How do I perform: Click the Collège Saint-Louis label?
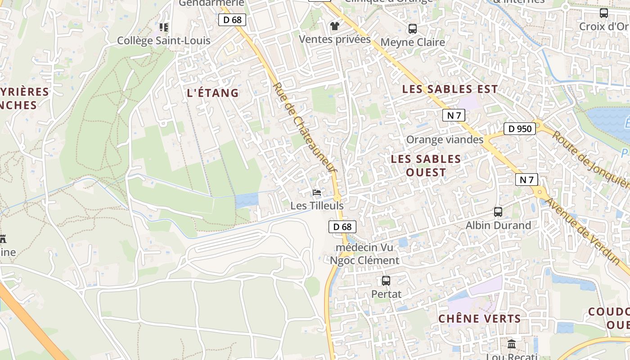(164, 40)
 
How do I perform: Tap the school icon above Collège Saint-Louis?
(164, 27)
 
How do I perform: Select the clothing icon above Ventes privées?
(334, 26)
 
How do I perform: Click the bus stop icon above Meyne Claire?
(413, 29)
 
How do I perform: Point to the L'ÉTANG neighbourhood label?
(213, 93)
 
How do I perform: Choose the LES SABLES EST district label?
(450, 89)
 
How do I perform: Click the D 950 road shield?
(520, 129)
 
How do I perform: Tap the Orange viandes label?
(445, 139)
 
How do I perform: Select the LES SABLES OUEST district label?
(426, 165)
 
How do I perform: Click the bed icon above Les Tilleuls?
(317, 193)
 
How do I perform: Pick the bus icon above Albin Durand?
(498, 211)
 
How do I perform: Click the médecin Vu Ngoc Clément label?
(364, 254)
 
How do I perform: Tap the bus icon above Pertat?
(386, 281)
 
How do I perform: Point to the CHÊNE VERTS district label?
(480, 319)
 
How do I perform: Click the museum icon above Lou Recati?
(512, 344)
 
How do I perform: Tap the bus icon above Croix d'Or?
(604, 13)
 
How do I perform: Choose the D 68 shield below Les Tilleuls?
(342, 227)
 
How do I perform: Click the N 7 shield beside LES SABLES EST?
(454, 115)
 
